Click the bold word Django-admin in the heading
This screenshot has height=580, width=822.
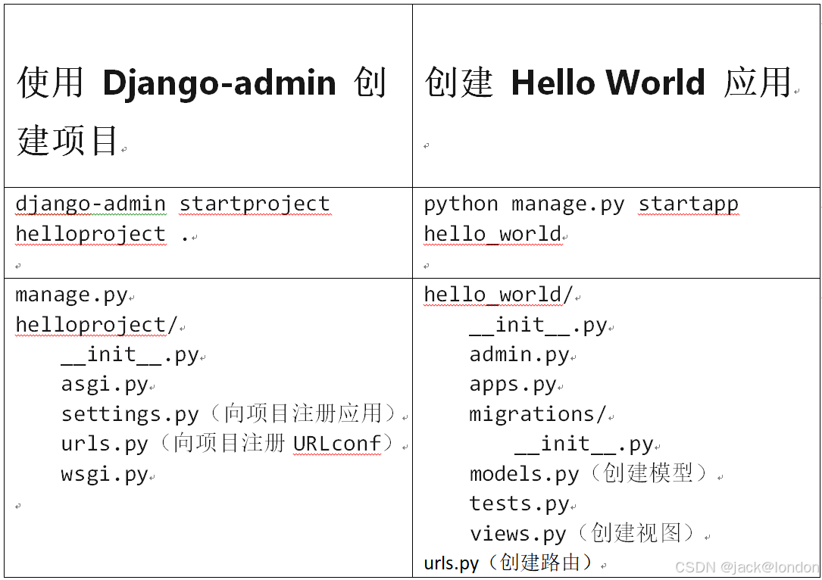tap(219, 83)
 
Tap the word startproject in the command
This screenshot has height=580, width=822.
tap(255, 204)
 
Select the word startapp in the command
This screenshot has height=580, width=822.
tap(688, 204)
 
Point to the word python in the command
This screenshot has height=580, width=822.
tap(461, 204)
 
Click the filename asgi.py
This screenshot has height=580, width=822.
tap(105, 385)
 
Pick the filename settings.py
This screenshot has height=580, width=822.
tap(130, 414)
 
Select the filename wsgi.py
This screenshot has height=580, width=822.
tap(105, 475)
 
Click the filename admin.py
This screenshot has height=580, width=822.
tap(519, 354)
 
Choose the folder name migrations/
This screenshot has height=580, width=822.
tap(538, 414)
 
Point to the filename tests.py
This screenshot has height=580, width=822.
tap(519, 504)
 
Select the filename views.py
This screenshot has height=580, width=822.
tap(517, 534)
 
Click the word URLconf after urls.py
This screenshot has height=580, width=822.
tap(337, 444)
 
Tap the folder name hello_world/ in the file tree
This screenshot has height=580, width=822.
tap(499, 295)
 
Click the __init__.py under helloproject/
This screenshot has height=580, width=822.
tap(130, 354)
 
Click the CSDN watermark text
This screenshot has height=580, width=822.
tap(746, 567)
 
